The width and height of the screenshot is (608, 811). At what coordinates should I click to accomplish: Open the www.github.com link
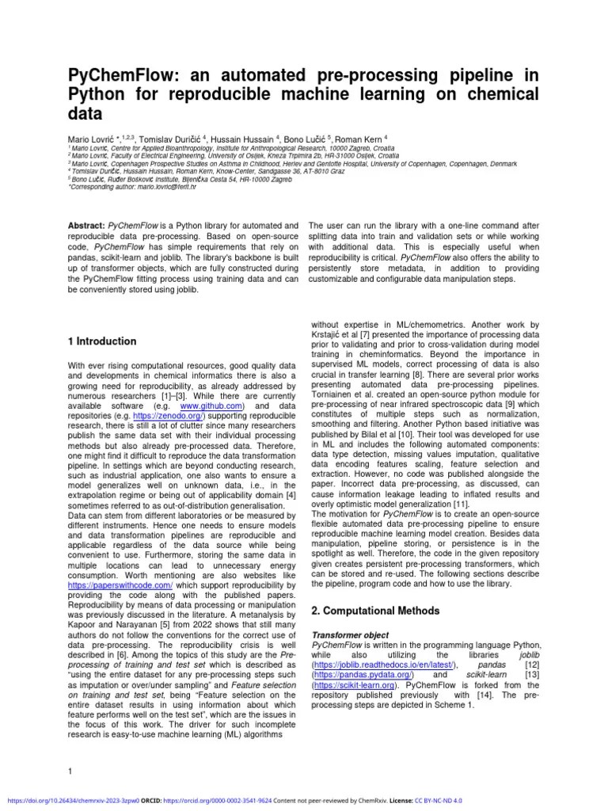tap(212, 405)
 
